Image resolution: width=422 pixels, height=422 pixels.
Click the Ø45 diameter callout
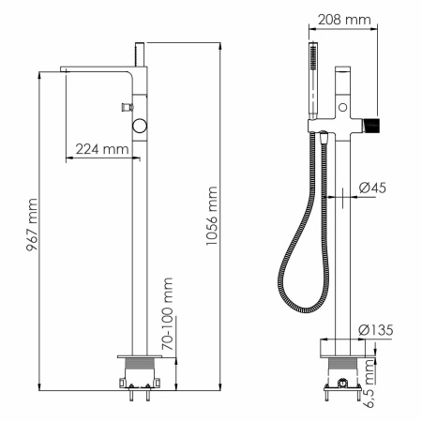tap(371, 188)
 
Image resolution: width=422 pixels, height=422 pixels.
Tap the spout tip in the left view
tap(68, 70)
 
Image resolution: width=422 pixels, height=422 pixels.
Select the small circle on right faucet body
tap(343, 110)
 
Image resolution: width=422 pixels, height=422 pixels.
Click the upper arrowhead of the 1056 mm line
tap(221, 44)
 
